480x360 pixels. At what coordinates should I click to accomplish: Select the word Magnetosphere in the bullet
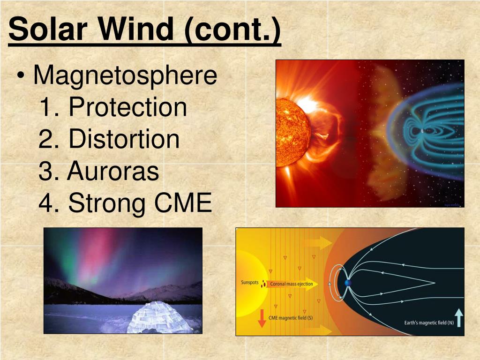[x=125, y=76]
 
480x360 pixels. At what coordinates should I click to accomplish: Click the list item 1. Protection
[x=113, y=107]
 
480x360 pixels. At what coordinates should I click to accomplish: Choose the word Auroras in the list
[x=113, y=172]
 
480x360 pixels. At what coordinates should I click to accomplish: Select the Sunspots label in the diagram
[x=249, y=283]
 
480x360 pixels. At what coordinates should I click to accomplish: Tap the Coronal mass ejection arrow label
[x=291, y=284]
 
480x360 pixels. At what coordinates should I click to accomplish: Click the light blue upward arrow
[x=458, y=318]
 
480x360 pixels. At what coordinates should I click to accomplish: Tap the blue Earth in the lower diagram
[x=348, y=283]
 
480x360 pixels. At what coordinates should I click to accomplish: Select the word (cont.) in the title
[x=232, y=29]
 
